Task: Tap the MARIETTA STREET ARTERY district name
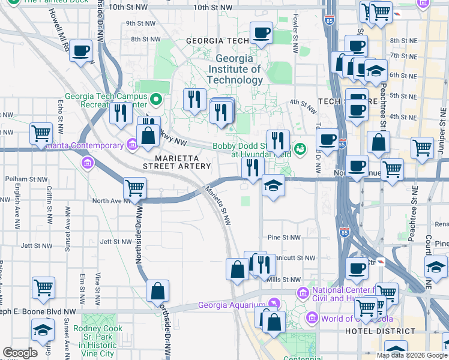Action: pyautogui.click(x=176, y=166)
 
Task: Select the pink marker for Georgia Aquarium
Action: pyautogui.click(x=274, y=304)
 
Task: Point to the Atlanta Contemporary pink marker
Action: pyautogui.click(x=132, y=145)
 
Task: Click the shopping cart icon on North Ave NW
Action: pyautogui.click(x=135, y=188)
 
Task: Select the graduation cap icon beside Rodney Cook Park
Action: pyautogui.click(x=43, y=331)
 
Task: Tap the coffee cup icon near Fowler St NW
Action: pyautogui.click(x=261, y=34)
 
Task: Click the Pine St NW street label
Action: pyautogui.click(x=283, y=238)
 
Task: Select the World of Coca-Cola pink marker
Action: pyautogui.click(x=312, y=318)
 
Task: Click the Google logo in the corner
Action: pyautogui.click(x=19, y=352)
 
